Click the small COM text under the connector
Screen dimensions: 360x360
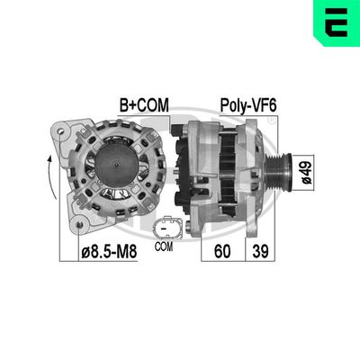click(x=163, y=245)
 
